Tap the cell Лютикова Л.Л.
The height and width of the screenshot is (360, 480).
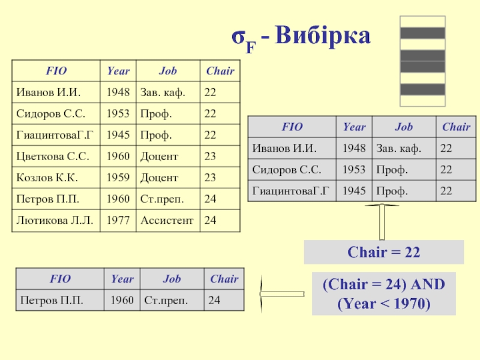(55, 220)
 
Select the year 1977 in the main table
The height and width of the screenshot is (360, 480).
(118, 220)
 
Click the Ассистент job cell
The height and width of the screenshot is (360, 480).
(167, 220)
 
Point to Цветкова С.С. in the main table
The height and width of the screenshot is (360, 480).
(53, 157)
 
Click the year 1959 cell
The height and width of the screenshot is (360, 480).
(118, 178)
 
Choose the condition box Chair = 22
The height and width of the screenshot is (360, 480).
(383, 253)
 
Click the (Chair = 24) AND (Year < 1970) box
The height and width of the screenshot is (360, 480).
(383, 293)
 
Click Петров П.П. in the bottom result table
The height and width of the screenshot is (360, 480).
(52, 299)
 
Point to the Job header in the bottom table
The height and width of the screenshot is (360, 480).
(172, 278)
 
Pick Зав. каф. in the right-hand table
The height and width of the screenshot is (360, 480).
(398, 148)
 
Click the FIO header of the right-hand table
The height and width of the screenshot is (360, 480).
(292, 127)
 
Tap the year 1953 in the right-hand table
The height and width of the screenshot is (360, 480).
(354, 169)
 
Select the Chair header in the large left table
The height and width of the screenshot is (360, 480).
(220, 71)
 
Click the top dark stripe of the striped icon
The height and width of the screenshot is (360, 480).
(422, 34)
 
